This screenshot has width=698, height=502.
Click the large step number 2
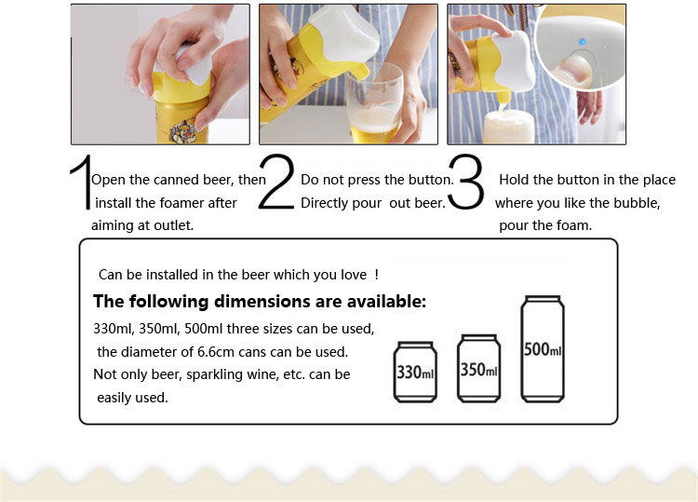[x=277, y=182]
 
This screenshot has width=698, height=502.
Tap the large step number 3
[x=466, y=182]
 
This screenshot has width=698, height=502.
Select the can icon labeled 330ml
[x=415, y=372]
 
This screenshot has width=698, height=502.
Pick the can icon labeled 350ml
[x=479, y=369]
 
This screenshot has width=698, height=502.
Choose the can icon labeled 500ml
[x=543, y=349]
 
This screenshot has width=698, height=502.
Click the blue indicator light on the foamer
[x=583, y=42]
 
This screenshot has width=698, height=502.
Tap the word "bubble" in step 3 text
[x=635, y=203]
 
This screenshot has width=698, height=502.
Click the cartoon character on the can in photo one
[x=182, y=131]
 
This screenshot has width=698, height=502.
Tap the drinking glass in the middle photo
[x=375, y=102]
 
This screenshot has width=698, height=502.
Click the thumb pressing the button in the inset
[x=574, y=72]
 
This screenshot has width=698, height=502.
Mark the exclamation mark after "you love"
[x=377, y=275]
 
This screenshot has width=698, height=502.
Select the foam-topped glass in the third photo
[x=508, y=127]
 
